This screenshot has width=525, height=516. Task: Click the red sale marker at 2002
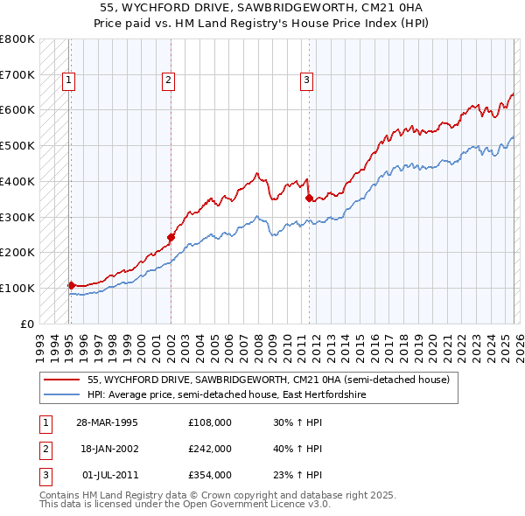[171, 237]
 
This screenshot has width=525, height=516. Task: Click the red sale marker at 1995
[71, 284]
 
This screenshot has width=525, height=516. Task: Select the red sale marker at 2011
[308, 198]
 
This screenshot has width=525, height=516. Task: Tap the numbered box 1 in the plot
[68, 80]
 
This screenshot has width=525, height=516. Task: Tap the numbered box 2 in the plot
[168, 80]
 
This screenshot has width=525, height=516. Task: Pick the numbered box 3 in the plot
[307, 80]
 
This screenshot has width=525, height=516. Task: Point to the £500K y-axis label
[17, 146]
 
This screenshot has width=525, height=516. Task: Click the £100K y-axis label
[17, 288]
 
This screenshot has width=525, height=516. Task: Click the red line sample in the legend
[62, 380]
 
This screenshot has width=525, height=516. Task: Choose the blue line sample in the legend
[62, 395]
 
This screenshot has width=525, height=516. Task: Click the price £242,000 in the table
[210, 449]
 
